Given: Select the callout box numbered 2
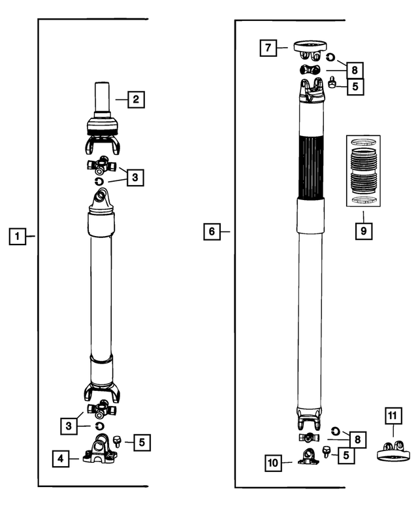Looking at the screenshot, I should (x=136, y=99).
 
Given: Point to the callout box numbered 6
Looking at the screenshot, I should (x=211, y=231).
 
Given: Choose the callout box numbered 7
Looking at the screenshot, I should (x=268, y=48).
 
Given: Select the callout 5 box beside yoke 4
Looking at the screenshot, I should (x=142, y=442).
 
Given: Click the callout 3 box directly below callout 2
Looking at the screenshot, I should (x=134, y=177).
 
